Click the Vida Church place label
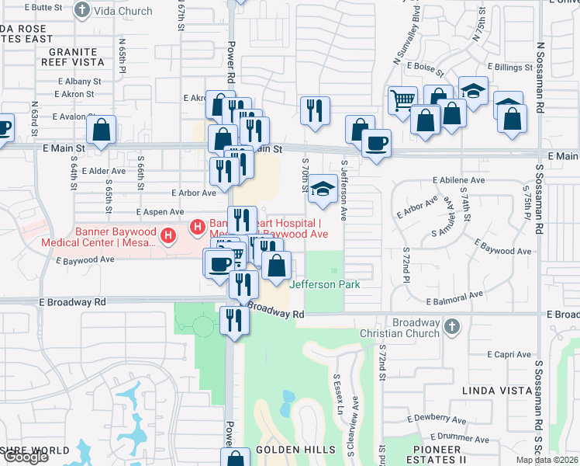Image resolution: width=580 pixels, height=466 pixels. point(115,9)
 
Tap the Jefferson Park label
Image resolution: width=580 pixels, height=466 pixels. point(324,284)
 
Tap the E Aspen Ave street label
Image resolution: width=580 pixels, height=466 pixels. point(160,211)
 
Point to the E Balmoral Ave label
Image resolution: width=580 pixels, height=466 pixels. point(454,295)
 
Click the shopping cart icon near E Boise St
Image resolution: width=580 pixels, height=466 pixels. point(402,100)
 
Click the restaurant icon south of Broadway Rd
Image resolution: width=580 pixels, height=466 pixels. point(233,320)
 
